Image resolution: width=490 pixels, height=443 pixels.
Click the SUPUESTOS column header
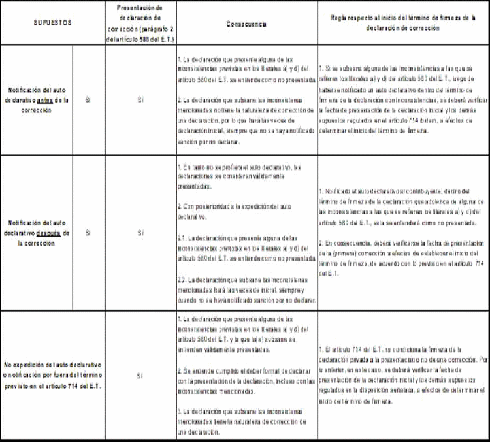coord(52,23)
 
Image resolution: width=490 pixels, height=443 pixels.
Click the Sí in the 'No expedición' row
coord(140,377)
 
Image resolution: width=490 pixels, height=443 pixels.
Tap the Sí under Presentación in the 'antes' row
coord(140,101)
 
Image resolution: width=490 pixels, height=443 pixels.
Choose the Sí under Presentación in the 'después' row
coord(140,232)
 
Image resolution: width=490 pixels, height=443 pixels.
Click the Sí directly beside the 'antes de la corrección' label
coord(88,101)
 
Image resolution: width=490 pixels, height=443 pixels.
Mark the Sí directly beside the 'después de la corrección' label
coord(88,232)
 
